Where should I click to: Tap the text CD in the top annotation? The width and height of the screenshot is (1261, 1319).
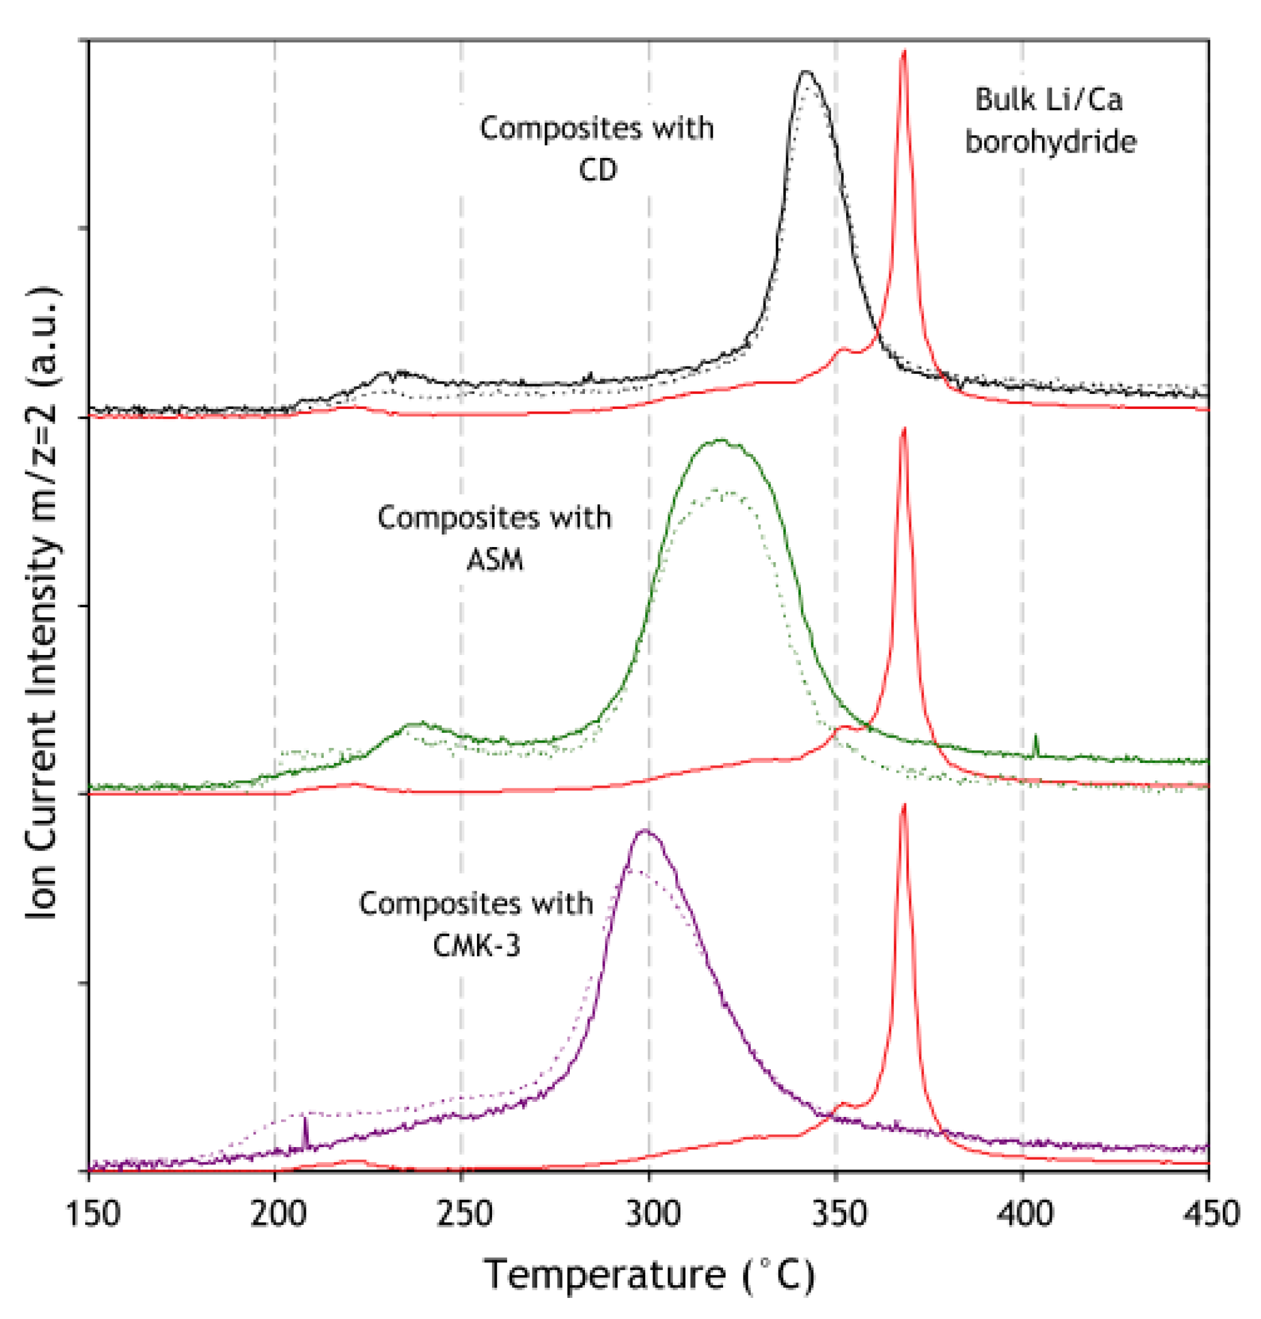[x=598, y=170]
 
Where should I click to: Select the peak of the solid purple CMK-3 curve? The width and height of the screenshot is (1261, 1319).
[x=645, y=830]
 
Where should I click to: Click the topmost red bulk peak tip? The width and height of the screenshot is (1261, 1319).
[x=904, y=51]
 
